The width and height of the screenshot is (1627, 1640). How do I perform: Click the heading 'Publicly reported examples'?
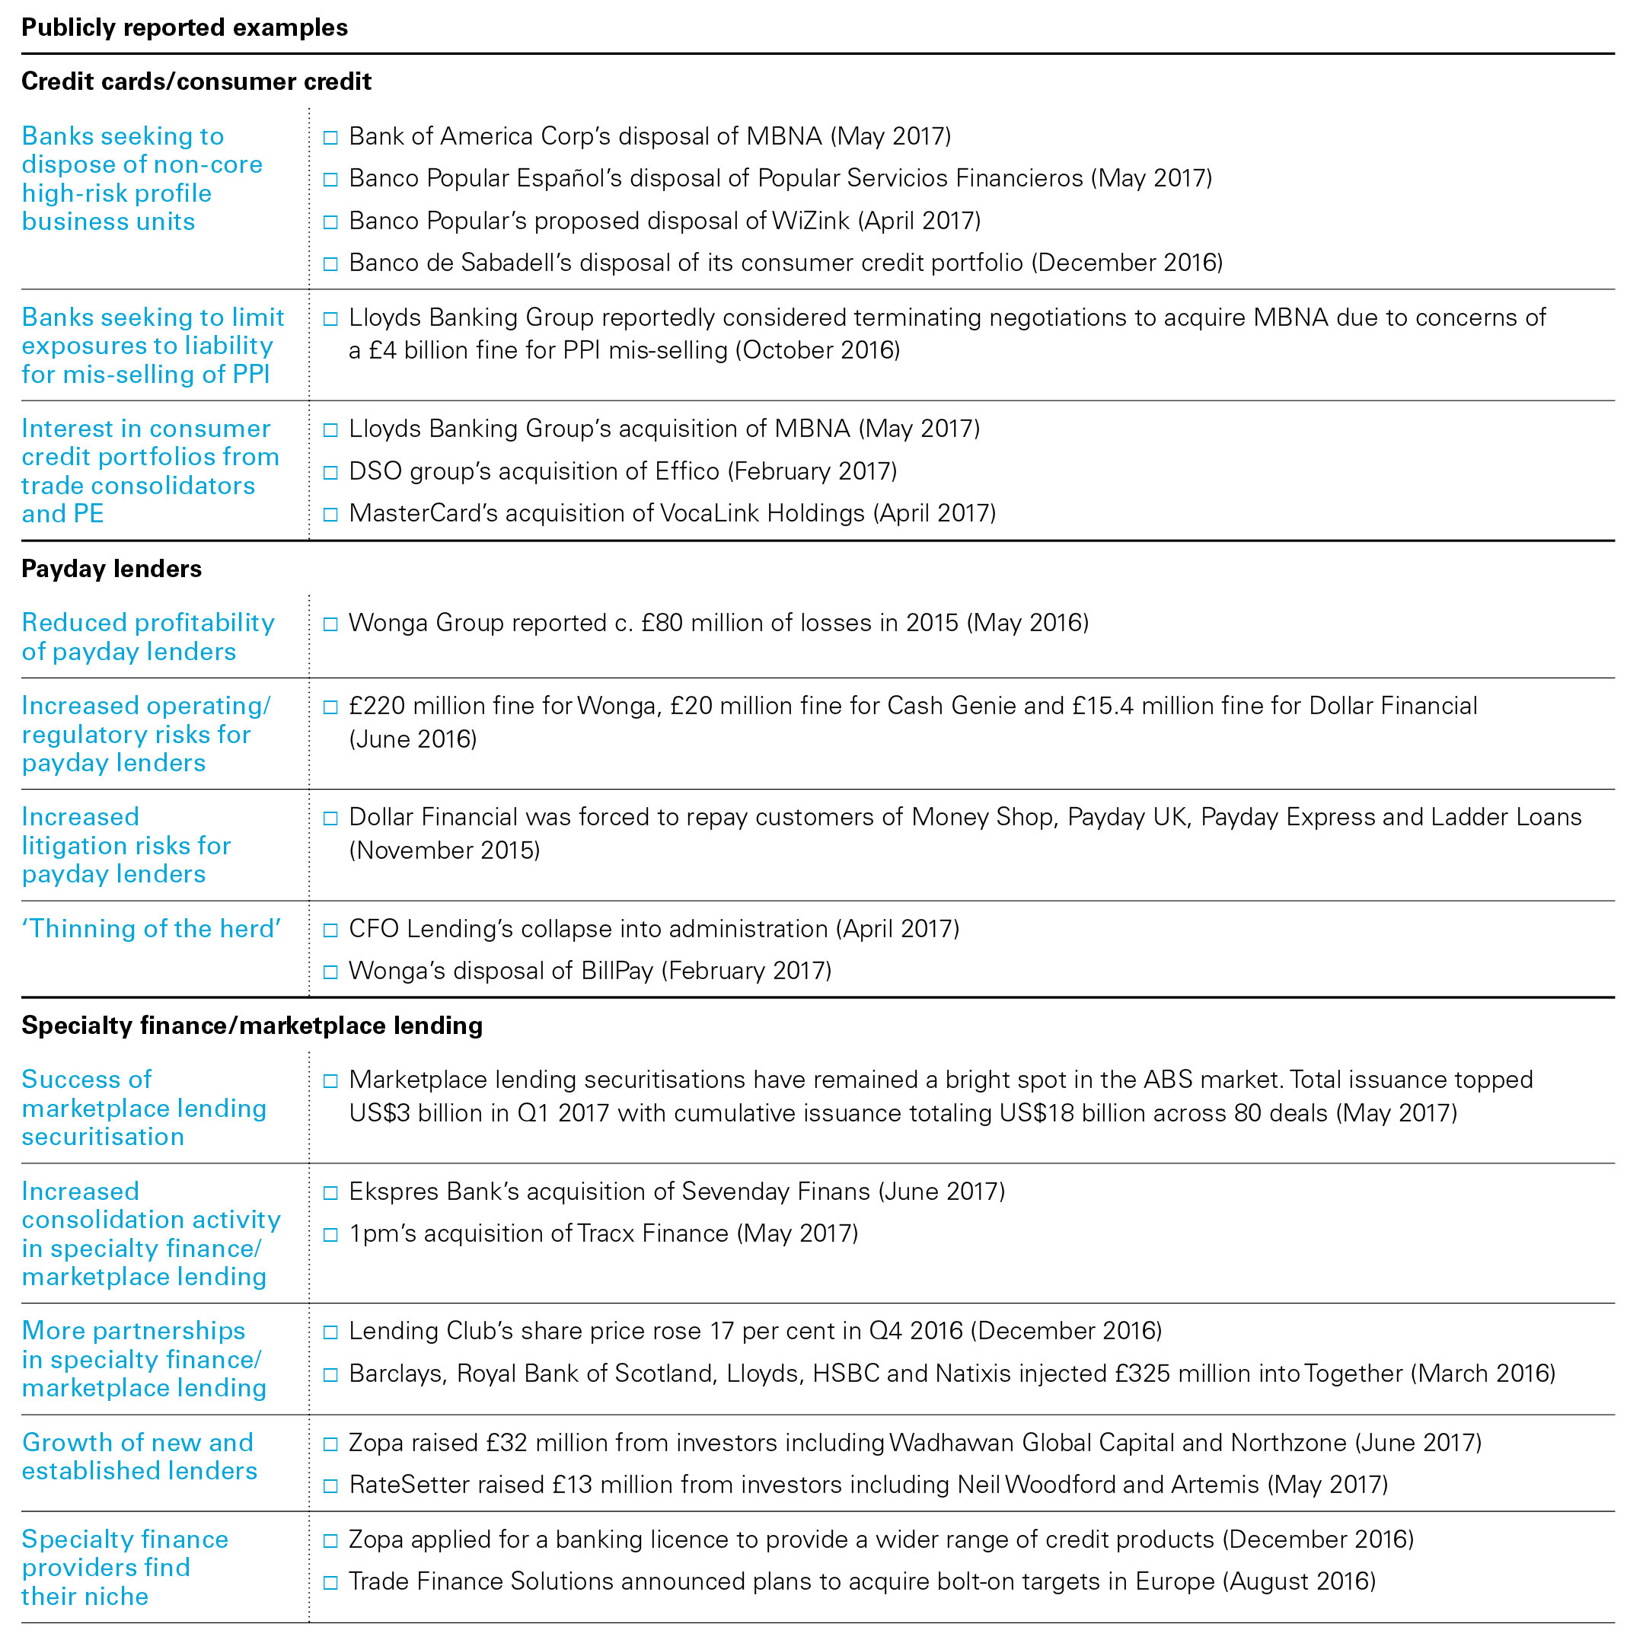(x=184, y=28)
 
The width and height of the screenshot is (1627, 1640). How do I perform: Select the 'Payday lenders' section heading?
(x=111, y=569)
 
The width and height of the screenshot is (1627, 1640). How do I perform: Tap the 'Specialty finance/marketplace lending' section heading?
(x=252, y=1026)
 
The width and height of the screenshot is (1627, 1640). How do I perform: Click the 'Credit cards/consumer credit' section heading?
(x=196, y=81)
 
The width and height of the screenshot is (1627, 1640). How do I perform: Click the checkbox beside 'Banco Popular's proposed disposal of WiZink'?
(x=331, y=222)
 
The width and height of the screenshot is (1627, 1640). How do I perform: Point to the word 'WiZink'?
(x=811, y=221)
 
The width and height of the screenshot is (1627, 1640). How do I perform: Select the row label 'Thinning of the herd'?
(x=151, y=929)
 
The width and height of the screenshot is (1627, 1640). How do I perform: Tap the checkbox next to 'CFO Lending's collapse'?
(x=331, y=930)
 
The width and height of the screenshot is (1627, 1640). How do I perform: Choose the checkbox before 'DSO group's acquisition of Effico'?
(x=331, y=473)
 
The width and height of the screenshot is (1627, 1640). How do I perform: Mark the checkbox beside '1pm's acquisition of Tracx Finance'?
(x=331, y=1235)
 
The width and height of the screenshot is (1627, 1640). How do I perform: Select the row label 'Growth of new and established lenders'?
(x=139, y=1457)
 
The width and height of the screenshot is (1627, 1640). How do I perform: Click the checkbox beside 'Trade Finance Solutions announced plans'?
(x=331, y=1583)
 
